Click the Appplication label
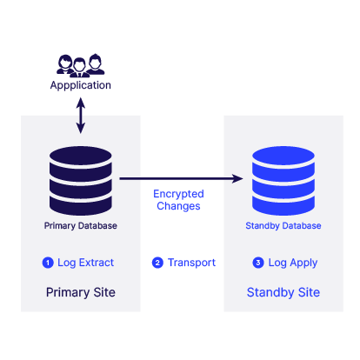click(81, 85)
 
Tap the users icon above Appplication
click(81, 65)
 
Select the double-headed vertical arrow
click(81, 116)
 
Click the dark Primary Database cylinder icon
click(81, 181)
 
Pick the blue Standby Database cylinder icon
click(283, 181)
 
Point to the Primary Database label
click(81, 226)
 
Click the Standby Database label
click(283, 226)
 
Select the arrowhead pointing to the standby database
click(238, 178)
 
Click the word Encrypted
click(178, 194)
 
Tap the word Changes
click(178, 206)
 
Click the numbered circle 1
click(48, 263)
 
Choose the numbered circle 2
click(157, 263)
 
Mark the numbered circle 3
click(258, 263)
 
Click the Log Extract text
click(85, 263)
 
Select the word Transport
click(191, 263)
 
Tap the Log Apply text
click(293, 263)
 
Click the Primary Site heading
click(81, 292)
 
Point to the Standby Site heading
click(283, 292)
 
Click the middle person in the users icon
click(79, 68)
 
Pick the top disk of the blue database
click(283, 156)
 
